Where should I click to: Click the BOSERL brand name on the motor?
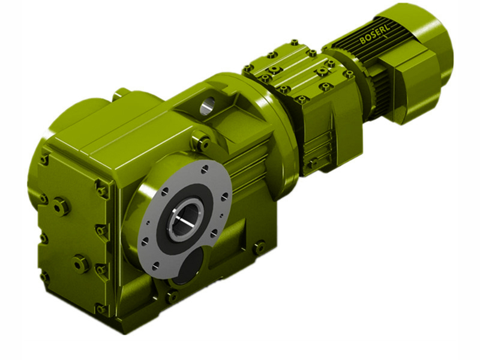(x=375, y=36)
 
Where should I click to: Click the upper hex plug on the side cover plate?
(x=61, y=206)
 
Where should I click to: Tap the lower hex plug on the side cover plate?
(x=80, y=262)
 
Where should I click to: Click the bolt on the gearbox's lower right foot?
(x=259, y=247)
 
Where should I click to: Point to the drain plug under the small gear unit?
(x=312, y=163)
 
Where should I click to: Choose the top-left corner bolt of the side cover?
(x=44, y=159)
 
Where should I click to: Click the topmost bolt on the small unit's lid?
(x=294, y=43)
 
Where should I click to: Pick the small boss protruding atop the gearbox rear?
(x=121, y=92)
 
